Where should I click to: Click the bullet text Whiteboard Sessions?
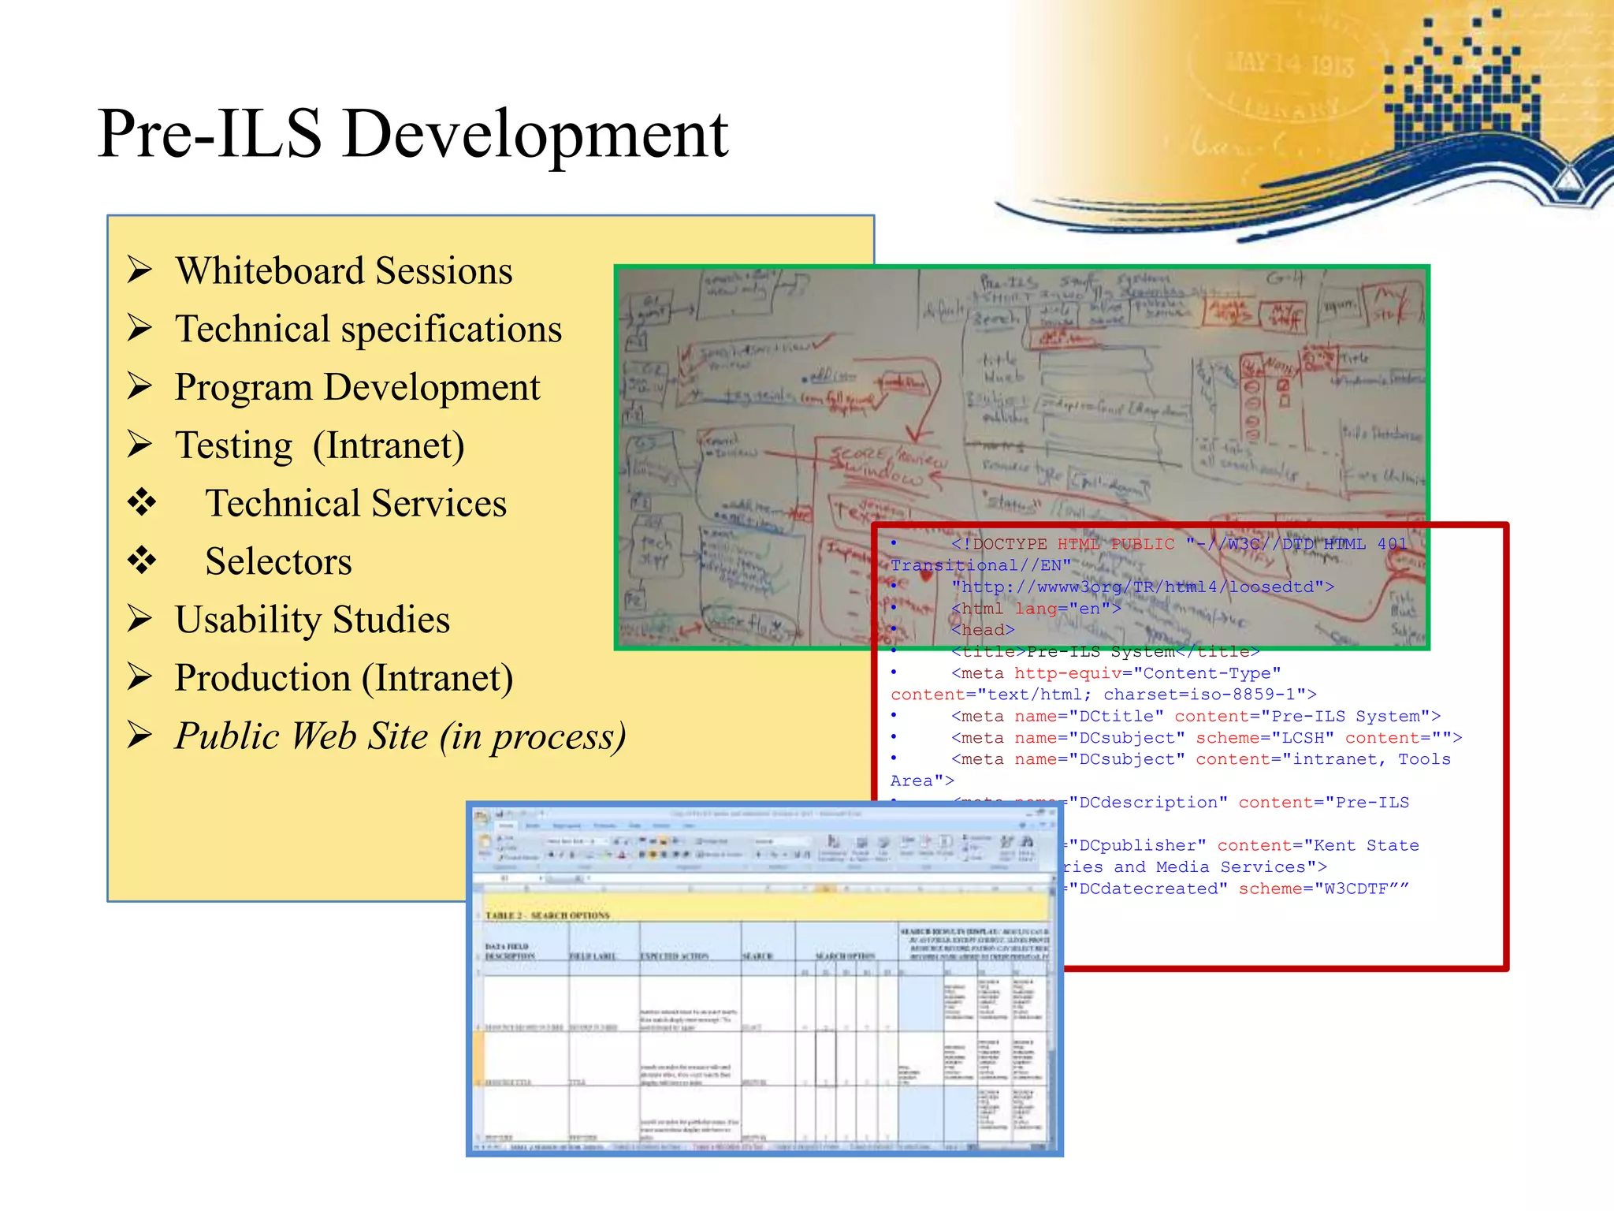click(x=344, y=271)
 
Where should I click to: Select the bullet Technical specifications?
click(x=368, y=330)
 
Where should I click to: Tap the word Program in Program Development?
click(x=244, y=388)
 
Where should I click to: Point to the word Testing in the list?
click(x=234, y=445)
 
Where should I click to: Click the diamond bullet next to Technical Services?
click(x=143, y=502)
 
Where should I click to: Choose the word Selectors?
click(x=278, y=561)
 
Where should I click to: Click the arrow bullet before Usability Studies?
click(x=140, y=619)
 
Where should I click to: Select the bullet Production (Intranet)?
click(x=344, y=678)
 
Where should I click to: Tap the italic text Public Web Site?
click(x=301, y=736)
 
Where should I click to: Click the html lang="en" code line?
click(x=1036, y=609)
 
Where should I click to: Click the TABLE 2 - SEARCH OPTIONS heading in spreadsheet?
click(x=547, y=915)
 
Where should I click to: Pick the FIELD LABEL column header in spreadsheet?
click(x=593, y=956)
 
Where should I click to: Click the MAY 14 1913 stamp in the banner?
click(x=1289, y=63)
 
